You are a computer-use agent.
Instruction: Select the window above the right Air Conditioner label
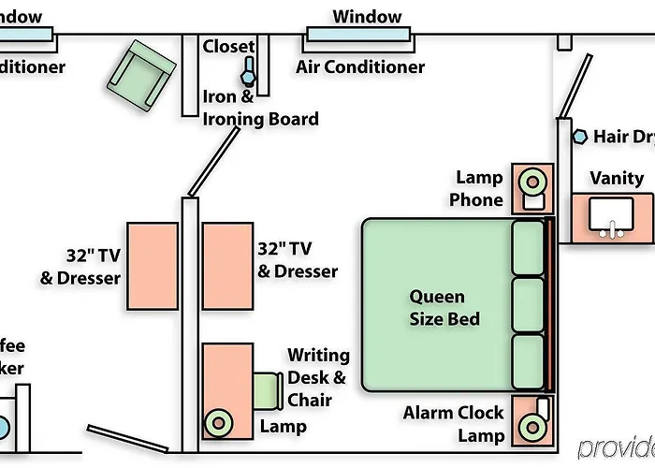coord(357,36)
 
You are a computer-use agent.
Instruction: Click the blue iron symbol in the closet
coord(249,70)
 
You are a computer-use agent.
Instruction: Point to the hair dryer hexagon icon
coord(580,137)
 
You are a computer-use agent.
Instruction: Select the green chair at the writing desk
coord(269,390)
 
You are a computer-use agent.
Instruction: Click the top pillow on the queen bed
coord(528,247)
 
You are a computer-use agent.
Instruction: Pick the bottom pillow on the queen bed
coord(528,362)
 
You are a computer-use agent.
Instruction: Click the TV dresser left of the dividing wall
coord(153,267)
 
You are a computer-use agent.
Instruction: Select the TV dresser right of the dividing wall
coord(227,267)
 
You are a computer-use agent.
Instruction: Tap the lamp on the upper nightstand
coord(532,180)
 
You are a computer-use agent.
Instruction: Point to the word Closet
coord(228,47)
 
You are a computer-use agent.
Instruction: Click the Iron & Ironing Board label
coord(260,108)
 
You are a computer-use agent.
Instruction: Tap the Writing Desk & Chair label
coord(317,377)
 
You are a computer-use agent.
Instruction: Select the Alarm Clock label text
coord(453,413)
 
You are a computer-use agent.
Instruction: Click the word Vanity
coord(617,179)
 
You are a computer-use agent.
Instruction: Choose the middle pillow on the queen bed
coord(528,304)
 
